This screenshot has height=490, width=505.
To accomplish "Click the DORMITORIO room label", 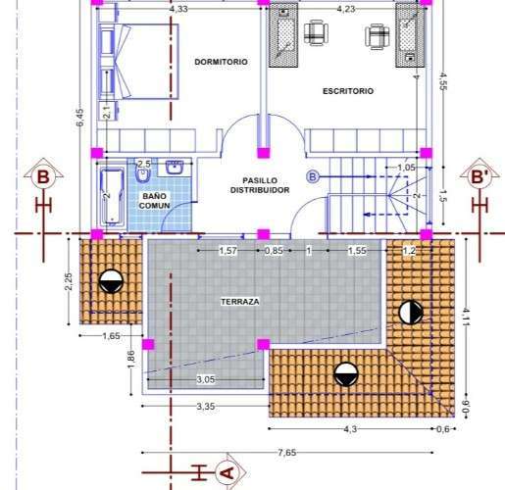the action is pyautogui.click(x=221, y=62).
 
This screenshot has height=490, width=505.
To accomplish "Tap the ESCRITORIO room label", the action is pyautogui.click(x=348, y=91).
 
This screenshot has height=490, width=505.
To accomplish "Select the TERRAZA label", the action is pyautogui.click(x=240, y=302).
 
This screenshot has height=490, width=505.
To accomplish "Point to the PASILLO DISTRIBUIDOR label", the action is pyautogui.click(x=260, y=185).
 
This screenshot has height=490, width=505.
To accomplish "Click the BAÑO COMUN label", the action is pyautogui.click(x=154, y=201).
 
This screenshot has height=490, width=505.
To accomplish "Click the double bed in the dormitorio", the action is pyautogui.click(x=139, y=62).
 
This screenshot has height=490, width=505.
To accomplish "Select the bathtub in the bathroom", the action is pyautogui.click(x=112, y=196).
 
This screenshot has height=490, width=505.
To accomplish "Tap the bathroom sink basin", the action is pyautogui.click(x=175, y=168).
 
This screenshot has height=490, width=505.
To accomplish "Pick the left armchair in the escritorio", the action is pyautogui.click(x=316, y=31).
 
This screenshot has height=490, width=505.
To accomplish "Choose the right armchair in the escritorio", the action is pyautogui.click(x=378, y=36).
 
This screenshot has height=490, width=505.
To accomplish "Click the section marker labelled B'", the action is pyautogui.click(x=480, y=176).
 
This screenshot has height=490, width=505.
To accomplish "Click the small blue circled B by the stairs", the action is pyautogui.click(x=313, y=176).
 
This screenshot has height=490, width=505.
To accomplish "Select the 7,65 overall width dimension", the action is pyautogui.click(x=287, y=453).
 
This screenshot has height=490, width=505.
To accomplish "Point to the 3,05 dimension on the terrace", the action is pyautogui.click(x=206, y=379).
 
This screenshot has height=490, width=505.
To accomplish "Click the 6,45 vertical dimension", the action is pyautogui.click(x=79, y=117).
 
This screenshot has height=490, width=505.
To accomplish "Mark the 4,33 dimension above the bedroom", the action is pyautogui.click(x=178, y=9).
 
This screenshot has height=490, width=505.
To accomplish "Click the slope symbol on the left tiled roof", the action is pyautogui.click(x=111, y=281).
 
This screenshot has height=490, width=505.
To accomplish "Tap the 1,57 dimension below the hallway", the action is pyautogui.click(x=227, y=251).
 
